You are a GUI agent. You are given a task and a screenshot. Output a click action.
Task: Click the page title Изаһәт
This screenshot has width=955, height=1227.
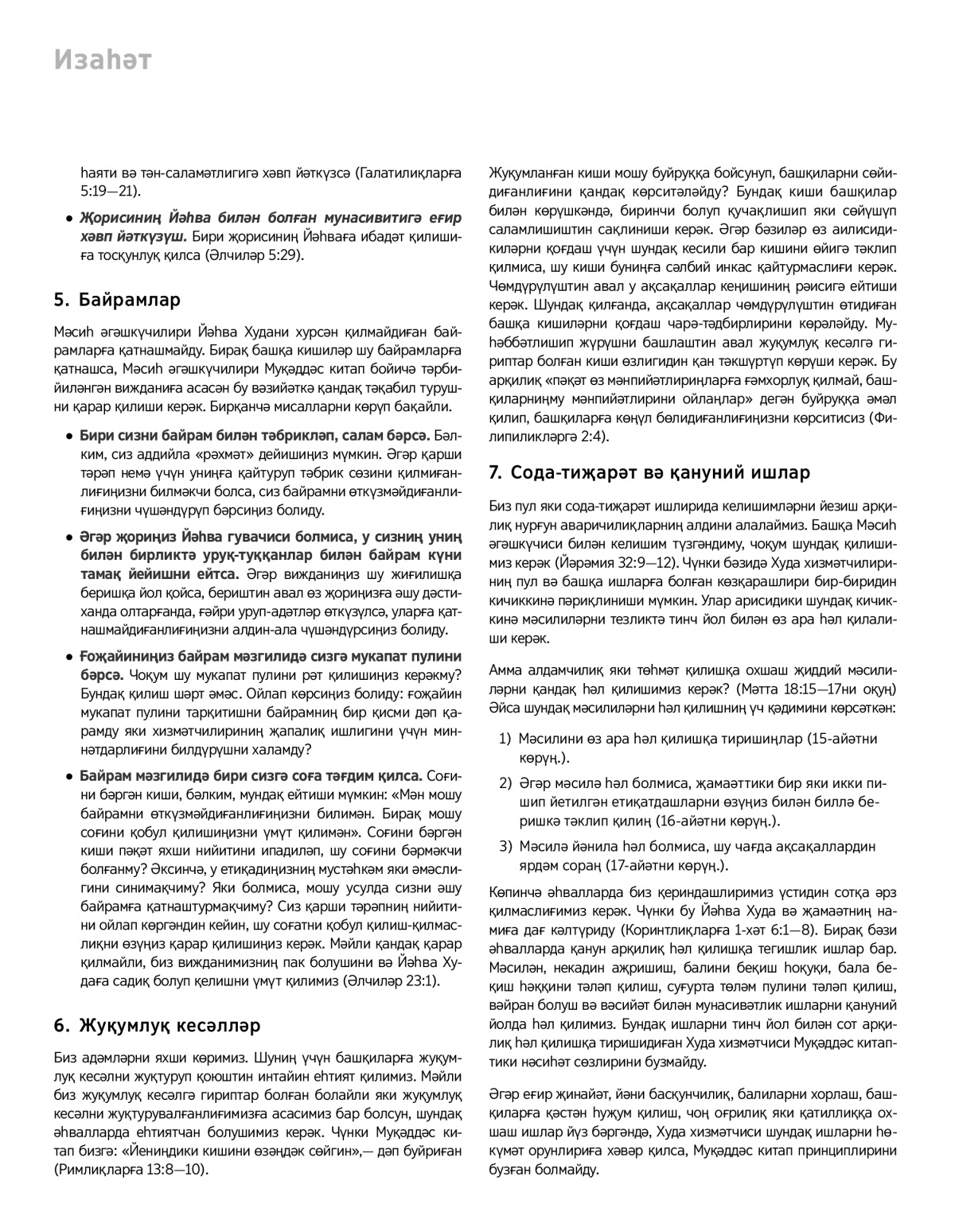102,60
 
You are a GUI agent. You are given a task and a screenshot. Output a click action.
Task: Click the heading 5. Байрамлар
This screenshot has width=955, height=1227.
117,300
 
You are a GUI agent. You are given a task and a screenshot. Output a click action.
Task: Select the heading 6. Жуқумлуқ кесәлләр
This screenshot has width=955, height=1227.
157,1025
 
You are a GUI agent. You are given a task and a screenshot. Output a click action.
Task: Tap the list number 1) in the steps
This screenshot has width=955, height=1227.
505,739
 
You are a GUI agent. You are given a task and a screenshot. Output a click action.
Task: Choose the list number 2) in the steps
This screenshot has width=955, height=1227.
505,783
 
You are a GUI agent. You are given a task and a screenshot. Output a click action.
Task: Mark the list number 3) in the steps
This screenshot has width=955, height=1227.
505,845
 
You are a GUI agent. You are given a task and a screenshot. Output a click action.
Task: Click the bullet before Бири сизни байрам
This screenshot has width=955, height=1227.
71,437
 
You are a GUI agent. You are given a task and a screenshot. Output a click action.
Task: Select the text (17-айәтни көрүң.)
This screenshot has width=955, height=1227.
668,864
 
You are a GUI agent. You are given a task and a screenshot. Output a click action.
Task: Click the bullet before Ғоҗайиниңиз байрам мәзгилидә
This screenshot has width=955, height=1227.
71,657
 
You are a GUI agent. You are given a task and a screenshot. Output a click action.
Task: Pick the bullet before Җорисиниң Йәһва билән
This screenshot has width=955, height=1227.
71,217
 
